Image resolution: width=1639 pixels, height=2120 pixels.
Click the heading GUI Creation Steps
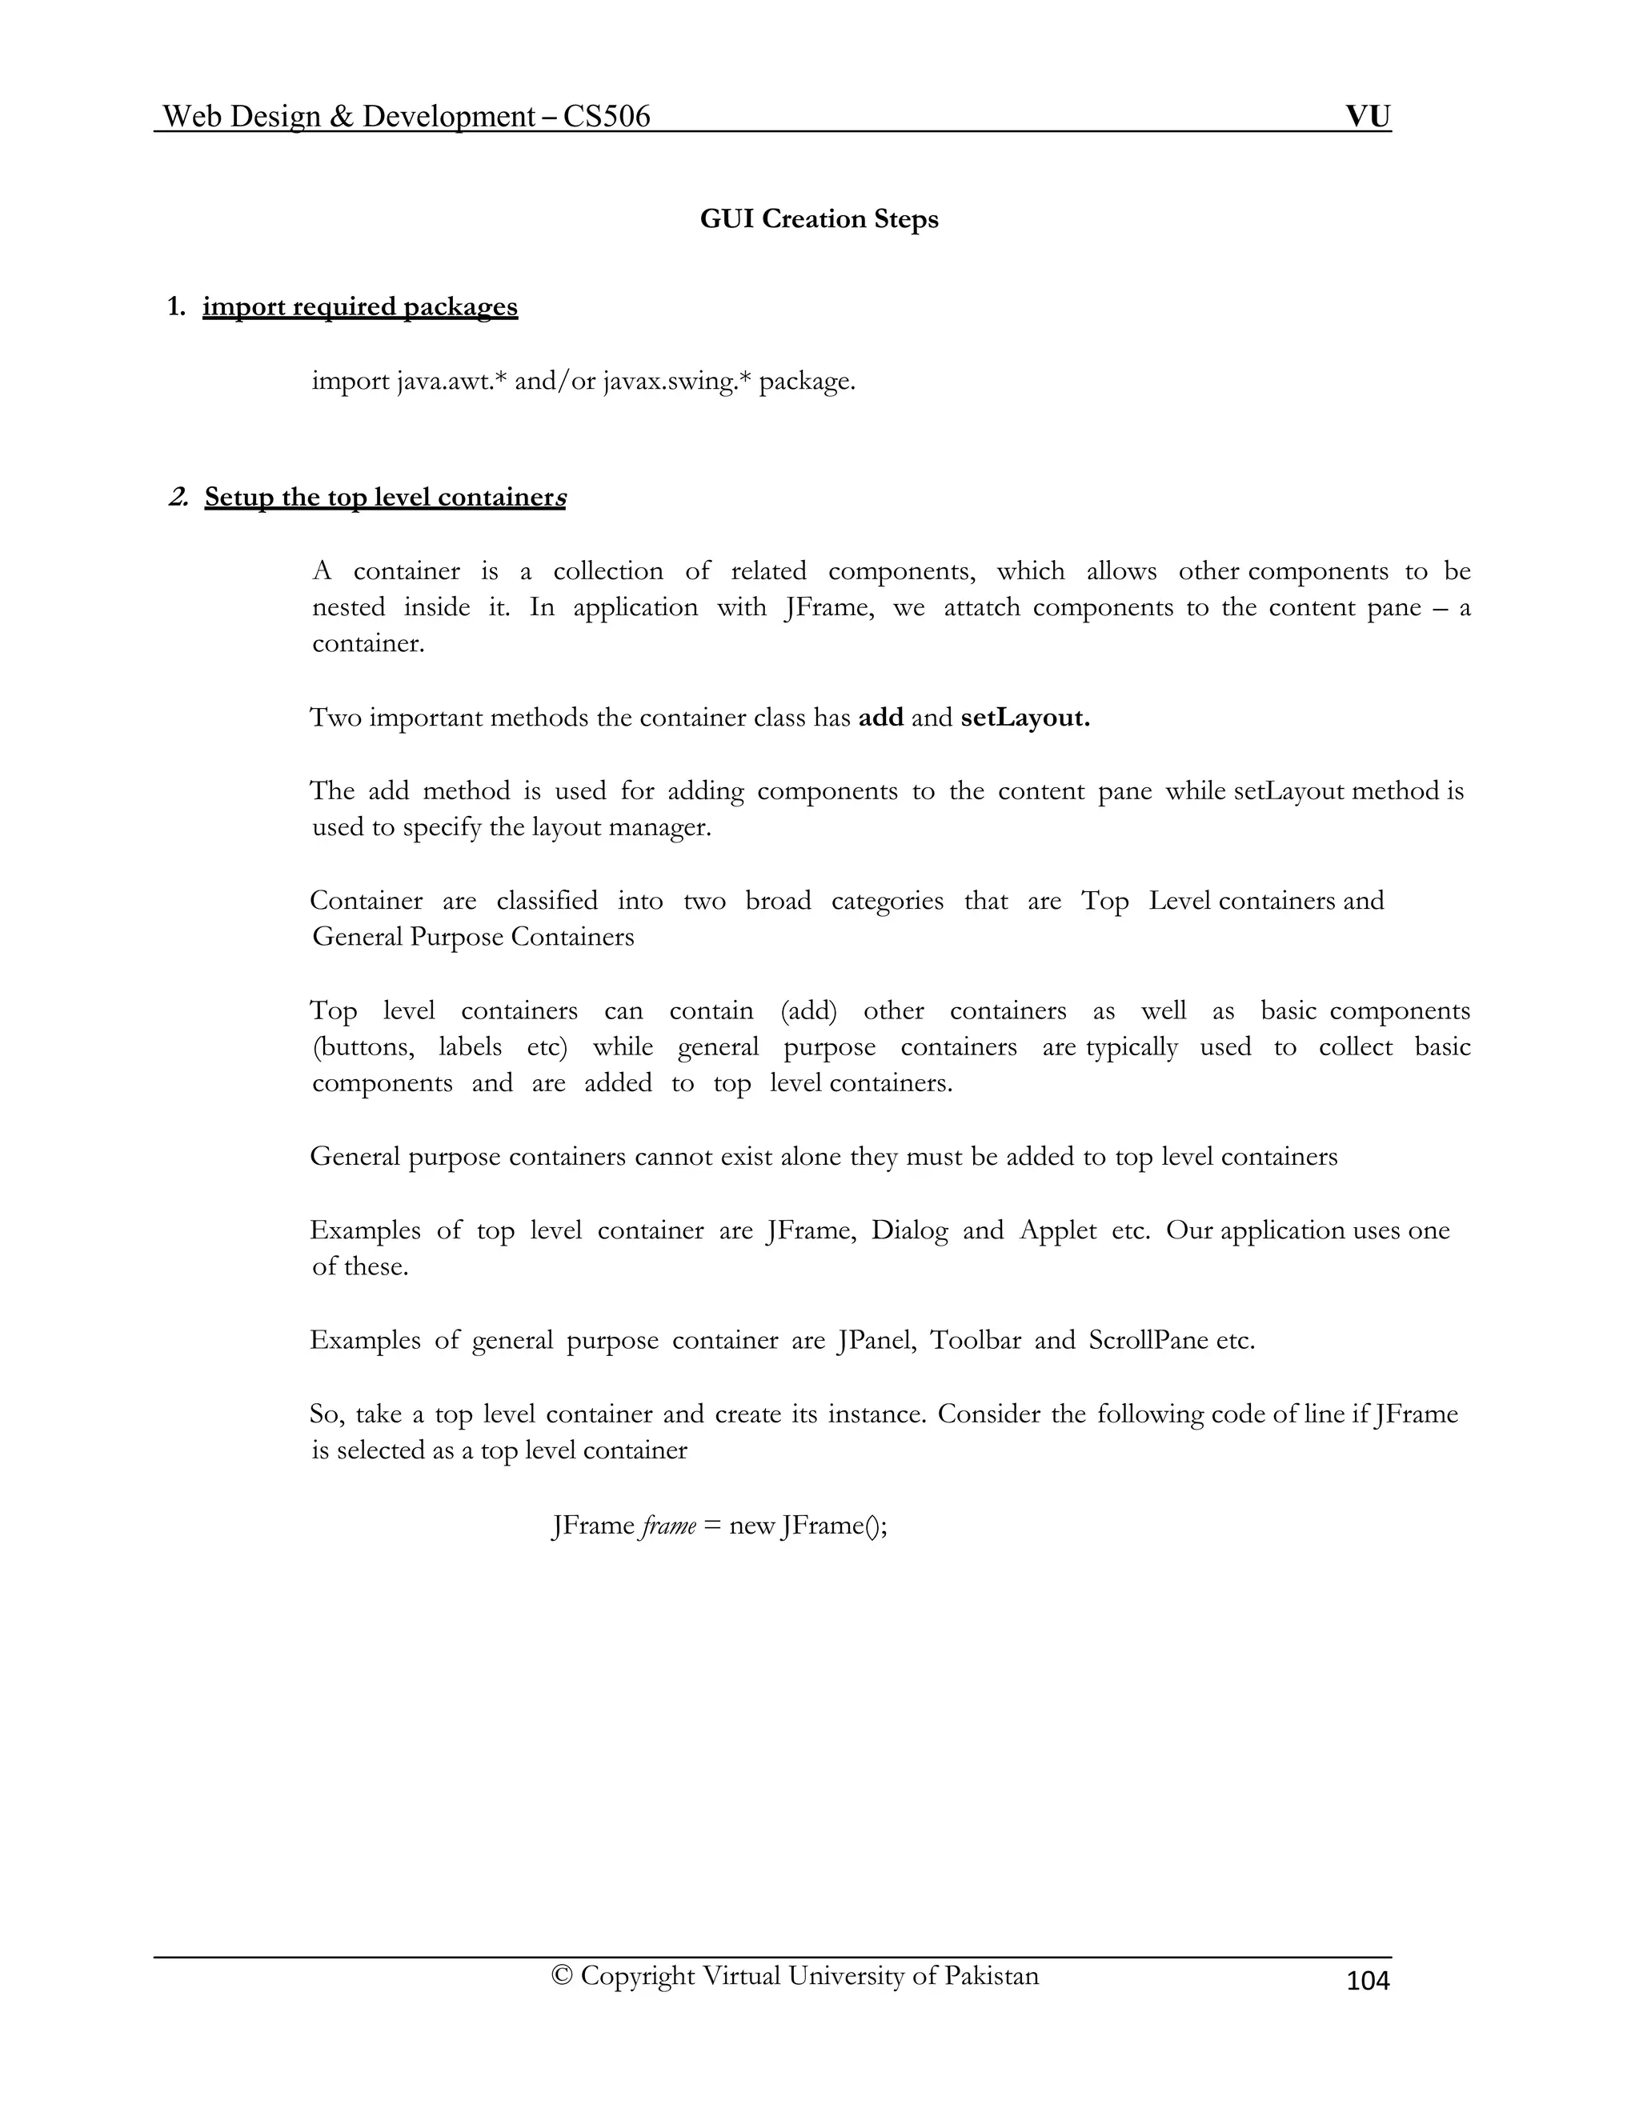[819, 219]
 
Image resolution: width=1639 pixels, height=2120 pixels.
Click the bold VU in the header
[1368, 117]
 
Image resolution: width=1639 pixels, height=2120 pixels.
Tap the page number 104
[1368, 1981]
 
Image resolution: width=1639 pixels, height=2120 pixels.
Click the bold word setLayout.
[1025, 718]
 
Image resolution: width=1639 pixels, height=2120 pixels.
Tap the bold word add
[880, 718]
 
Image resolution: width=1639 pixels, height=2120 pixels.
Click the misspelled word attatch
[982, 608]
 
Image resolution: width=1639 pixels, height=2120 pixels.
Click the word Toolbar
[975, 1341]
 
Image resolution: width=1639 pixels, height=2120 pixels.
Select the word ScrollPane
[1148, 1341]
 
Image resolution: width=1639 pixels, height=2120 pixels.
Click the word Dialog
[909, 1231]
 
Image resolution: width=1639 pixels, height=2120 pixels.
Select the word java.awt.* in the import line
[451, 382]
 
